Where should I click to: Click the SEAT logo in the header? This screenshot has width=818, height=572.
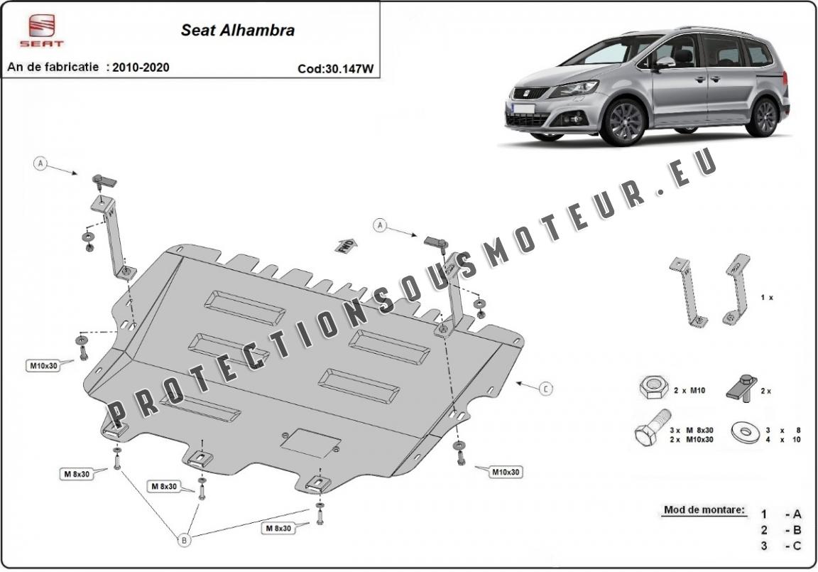[42, 31]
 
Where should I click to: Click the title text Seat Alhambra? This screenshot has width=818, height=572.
[238, 31]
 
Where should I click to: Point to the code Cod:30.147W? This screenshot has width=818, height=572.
[336, 69]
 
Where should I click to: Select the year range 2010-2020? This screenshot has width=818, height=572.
[141, 68]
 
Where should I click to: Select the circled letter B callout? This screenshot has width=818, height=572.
[184, 540]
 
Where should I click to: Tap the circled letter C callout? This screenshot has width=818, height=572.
[545, 389]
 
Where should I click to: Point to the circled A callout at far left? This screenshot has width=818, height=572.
[40, 164]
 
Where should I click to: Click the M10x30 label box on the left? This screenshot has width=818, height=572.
[43, 366]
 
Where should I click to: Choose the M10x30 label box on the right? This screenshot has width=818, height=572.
[506, 473]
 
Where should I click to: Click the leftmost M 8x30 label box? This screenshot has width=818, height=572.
[77, 474]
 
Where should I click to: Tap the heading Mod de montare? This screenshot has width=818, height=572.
[705, 510]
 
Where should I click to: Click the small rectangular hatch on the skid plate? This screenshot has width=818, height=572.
[310, 443]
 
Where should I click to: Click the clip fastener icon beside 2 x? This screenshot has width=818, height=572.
[741, 388]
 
